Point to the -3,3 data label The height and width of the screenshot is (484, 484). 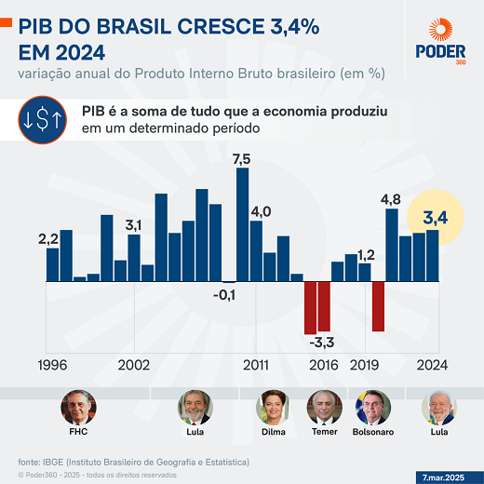coord(322,343)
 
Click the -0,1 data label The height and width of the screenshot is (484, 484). coord(224,295)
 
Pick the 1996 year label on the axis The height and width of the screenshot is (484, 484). coord(58,365)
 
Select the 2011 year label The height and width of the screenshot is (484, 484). coord(257,365)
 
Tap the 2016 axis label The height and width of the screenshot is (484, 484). coord(323,365)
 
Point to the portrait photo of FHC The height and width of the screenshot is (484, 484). coord(78,407)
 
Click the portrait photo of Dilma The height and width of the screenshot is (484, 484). coord(275,407)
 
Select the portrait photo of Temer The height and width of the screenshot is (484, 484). coord(324,407)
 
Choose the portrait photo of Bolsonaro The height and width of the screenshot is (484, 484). coord(373,407)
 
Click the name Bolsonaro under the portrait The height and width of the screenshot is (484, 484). coord(373,433)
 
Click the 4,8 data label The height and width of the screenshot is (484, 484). coord(391,199)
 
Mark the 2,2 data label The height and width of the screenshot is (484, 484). coord(48,239)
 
